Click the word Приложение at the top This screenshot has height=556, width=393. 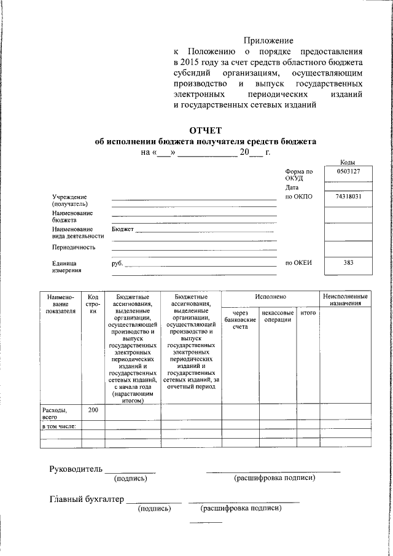click(x=268, y=40)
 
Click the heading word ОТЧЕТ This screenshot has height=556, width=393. click(x=204, y=130)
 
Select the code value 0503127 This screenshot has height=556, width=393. click(x=348, y=172)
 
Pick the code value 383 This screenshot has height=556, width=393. click(x=348, y=263)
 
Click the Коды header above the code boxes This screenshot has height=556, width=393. click(x=348, y=161)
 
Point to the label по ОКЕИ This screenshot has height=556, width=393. click(x=299, y=263)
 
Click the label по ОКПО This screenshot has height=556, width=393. click(x=299, y=197)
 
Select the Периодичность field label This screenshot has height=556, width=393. click(x=74, y=247)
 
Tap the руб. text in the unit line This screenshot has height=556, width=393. click(x=117, y=263)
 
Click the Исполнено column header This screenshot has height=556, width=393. click(x=270, y=297)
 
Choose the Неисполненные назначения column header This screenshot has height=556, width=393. click(x=346, y=300)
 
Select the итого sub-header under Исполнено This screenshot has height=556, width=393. click(x=308, y=313)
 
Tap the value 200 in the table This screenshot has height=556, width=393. click(x=93, y=409)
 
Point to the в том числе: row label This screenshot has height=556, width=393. click(x=58, y=426)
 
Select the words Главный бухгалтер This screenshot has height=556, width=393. click(x=87, y=499)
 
